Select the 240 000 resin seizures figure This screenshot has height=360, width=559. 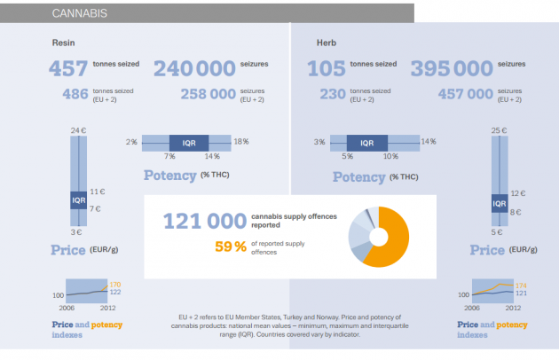point(195,69)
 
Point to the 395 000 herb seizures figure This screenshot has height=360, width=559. point(452,69)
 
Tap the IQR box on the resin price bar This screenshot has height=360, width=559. point(78,200)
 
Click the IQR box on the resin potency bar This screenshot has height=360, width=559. point(189,142)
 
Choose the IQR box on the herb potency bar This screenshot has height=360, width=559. point(366,142)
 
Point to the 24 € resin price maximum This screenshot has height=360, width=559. point(78,130)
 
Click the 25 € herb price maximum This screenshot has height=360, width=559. point(499,130)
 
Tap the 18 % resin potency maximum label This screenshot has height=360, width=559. point(240,142)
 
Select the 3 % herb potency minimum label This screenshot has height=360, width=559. point(319,142)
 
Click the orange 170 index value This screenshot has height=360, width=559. point(115,285)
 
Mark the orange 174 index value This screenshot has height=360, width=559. point(521,285)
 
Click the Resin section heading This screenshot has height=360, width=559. point(62,43)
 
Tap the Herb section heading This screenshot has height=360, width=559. point(327,43)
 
